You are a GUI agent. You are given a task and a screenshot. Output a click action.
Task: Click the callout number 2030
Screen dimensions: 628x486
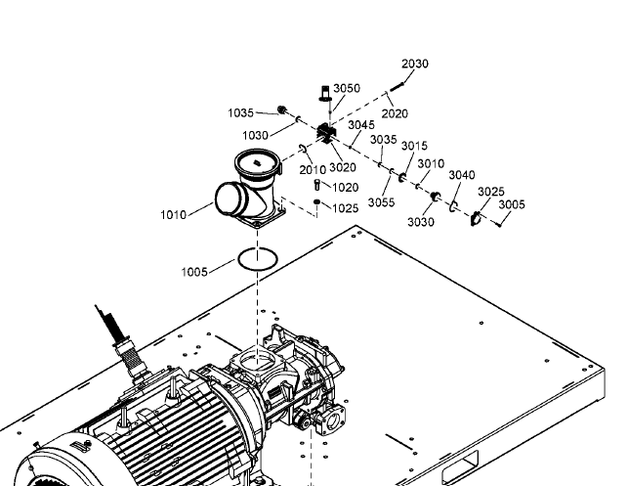tap(415, 64)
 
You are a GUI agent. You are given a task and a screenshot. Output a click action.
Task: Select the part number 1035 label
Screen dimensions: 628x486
tap(240, 113)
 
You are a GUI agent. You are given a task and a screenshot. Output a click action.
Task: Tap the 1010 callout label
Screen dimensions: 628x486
tap(174, 215)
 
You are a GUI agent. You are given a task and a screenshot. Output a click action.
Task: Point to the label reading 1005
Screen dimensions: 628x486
tap(194, 272)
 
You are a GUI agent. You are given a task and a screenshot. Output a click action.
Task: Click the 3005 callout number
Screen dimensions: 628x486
tap(512, 204)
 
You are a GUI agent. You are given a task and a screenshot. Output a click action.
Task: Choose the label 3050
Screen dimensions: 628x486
tap(347, 88)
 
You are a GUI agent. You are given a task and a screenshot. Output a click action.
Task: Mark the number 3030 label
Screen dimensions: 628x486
tap(421, 222)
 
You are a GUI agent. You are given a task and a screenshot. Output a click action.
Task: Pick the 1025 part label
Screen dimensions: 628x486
tap(345, 208)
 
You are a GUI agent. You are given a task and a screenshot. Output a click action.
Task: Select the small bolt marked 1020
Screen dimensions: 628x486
tap(317, 185)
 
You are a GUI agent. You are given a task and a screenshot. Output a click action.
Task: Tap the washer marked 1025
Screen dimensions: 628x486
tap(316, 201)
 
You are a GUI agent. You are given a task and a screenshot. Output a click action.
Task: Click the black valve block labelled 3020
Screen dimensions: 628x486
tap(326, 133)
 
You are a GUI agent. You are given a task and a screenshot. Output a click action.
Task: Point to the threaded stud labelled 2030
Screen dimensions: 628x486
tap(396, 87)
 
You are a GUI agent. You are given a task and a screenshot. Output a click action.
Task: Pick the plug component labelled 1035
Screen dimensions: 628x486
tap(282, 110)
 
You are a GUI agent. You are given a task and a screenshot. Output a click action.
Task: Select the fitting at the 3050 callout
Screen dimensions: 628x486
tap(325, 93)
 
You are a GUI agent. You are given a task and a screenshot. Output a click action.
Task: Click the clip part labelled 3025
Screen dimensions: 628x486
tap(476, 219)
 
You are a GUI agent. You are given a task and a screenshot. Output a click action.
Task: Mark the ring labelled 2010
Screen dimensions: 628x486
tap(303, 150)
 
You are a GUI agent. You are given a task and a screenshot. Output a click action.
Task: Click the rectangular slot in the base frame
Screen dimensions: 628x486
tap(460, 466)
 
